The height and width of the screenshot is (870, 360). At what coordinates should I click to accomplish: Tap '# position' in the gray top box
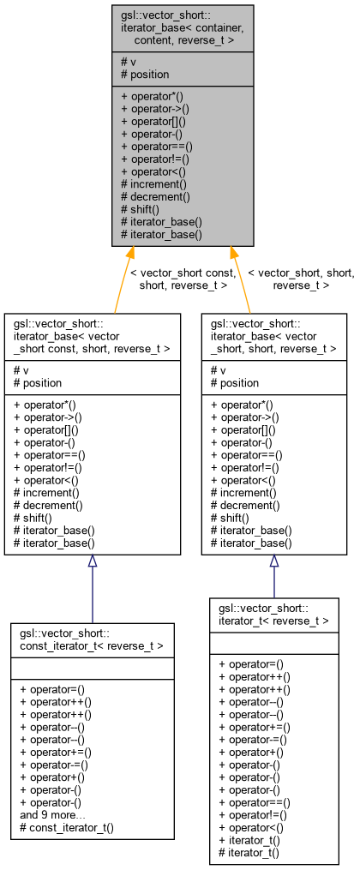coord(146,75)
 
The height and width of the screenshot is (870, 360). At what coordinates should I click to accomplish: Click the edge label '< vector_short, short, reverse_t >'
coord(301,279)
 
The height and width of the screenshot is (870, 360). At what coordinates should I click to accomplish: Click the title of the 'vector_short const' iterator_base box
coord(92,336)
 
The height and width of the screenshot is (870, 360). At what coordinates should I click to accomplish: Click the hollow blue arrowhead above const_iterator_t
coord(93,561)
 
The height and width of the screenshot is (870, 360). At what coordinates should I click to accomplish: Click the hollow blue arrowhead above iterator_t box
coord(274,561)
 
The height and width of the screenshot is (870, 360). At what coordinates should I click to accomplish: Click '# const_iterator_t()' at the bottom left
coord(66,828)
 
